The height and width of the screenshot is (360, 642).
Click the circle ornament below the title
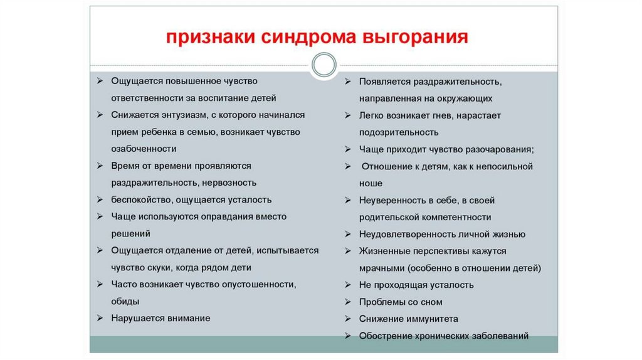click(324, 65)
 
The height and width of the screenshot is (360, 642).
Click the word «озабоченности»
click(144, 149)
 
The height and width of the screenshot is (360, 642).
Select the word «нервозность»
click(229, 183)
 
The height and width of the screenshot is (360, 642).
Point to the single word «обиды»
click(125, 301)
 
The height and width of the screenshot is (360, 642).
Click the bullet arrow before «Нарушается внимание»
click(100, 319)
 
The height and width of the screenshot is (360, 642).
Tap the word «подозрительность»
click(399, 133)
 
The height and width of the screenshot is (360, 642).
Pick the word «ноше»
click(371, 184)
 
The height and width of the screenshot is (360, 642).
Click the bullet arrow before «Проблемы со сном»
click(348, 302)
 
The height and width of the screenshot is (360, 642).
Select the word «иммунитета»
click(431, 319)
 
